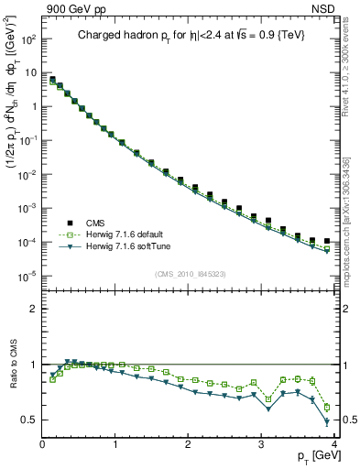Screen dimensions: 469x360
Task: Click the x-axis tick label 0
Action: click(x=42, y=444)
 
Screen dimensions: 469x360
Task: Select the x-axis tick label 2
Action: click(x=189, y=444)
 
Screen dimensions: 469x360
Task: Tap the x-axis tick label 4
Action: click(x=334, y=444)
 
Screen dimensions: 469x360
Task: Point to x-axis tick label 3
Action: click(x=262, y=444)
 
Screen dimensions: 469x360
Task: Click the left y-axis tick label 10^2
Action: click(x=28, y=40)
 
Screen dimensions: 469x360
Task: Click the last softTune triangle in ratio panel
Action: click(x=327, y=422)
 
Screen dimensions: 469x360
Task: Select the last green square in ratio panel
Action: click(x=327, y=407)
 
